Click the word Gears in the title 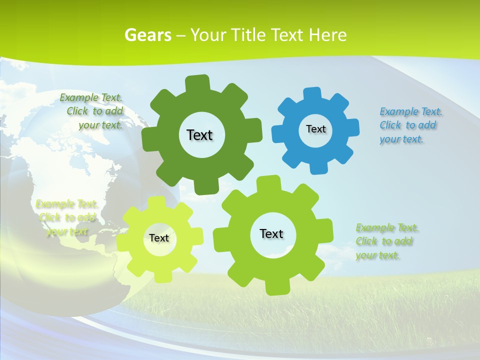pos(147,35)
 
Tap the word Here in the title pos(327,35)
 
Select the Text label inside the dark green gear pos(199,135)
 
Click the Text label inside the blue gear pos(315,129)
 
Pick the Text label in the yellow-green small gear pos(159,238)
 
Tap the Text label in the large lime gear pos(271,233)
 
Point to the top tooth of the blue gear pos(312,94)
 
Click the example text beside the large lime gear pos(385,241)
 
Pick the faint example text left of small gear pos(66,218)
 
